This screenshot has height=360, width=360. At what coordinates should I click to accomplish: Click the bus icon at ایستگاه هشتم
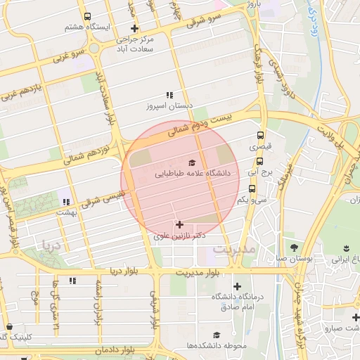click(x=86, y=16)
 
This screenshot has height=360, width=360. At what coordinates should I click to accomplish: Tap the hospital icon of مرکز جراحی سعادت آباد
click(x=134, y=29)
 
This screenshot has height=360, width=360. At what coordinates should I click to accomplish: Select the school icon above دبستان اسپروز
click(x=169, y=95)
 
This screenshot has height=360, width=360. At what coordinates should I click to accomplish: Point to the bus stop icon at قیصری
click(x=261, y=136)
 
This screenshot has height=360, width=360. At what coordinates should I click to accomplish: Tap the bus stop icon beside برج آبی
click(x=252, y=172)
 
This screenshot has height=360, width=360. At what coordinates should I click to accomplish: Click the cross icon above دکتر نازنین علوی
click(x=180, y=225)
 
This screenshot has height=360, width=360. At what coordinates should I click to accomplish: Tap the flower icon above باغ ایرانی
click(x=346, y=247)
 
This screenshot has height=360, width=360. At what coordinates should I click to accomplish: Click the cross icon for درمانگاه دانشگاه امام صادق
click(x=238, y=286)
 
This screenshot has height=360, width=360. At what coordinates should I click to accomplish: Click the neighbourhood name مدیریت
click(x=232, y=250)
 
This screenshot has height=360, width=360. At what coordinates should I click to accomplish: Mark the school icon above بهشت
click(x=67, y=202)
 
